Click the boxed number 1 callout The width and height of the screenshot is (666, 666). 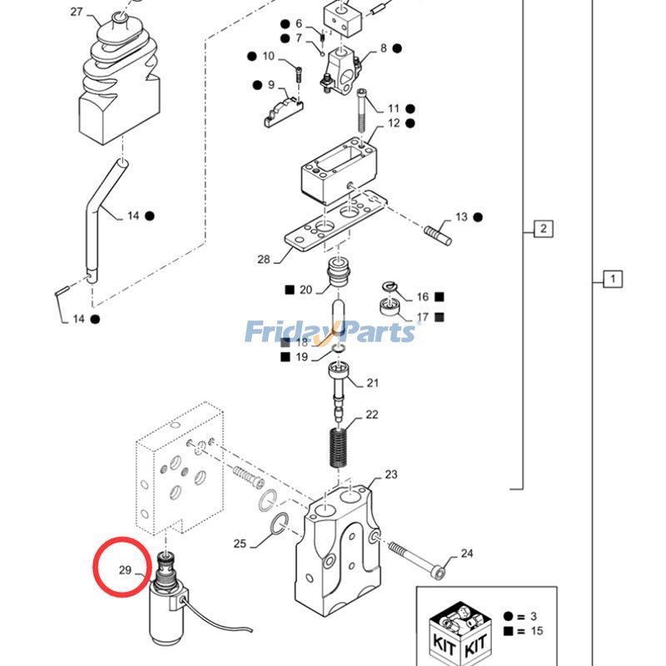pos(612,279)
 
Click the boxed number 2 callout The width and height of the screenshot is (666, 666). pos(542,229)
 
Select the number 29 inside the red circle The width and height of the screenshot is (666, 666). pos(126,570)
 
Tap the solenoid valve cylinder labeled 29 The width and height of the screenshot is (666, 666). pos(166,616)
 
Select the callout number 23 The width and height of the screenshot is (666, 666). pos(390,475)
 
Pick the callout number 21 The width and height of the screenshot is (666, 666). pos(372,383)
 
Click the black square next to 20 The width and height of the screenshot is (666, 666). pos(289,290)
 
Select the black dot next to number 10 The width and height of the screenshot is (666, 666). pos(251,56)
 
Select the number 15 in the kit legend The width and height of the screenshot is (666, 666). pos(538,632)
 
